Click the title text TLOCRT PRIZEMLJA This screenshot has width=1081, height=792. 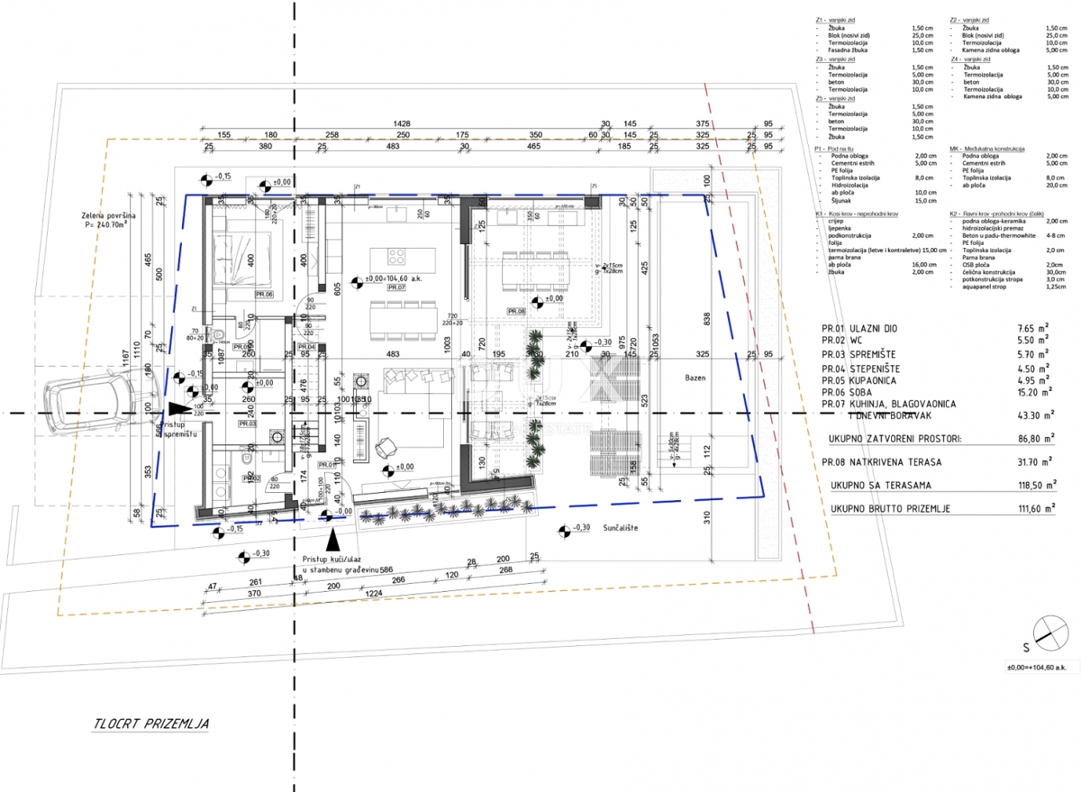[x=151, y=723]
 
